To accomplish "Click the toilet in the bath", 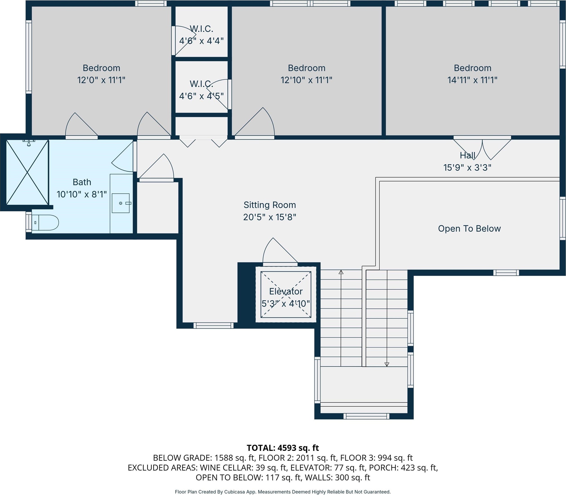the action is click(45, 222).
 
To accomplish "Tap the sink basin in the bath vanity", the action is click(121, 203).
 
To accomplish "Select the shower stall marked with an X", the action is click(27, 172).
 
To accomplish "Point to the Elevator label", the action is click(286, 291).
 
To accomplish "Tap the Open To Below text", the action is click(469, 229).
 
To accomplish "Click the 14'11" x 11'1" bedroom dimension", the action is click(472, 80).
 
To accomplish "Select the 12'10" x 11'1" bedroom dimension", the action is click(306, 80).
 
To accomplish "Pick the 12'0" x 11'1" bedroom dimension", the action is click(101, 80).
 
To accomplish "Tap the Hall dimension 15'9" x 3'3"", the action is click(467, 168).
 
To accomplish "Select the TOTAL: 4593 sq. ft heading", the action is click(283, 448).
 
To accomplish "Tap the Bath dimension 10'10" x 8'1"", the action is click(82, 194).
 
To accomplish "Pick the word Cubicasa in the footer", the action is click(236, 492).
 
